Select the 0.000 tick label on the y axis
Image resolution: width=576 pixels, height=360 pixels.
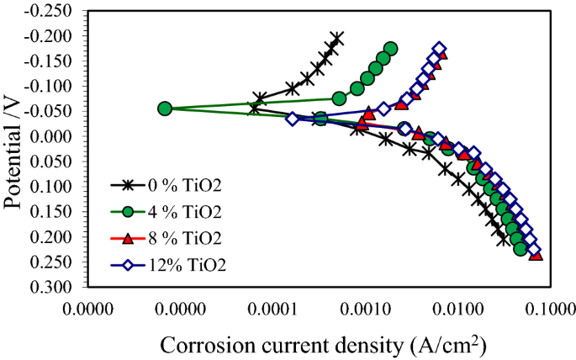[x=56, y=136]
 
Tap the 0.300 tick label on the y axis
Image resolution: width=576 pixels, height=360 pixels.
[x=56, y=287]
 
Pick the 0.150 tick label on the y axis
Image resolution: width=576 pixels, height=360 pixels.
[x=56, y=211]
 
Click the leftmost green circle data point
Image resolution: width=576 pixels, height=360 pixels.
[x=165, y=109]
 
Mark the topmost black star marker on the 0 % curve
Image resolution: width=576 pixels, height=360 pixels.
[x=337, y=38]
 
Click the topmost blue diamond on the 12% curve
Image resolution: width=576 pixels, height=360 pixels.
[x=439, y=49]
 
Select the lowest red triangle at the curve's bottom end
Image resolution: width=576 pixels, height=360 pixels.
[x=536, y=255]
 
